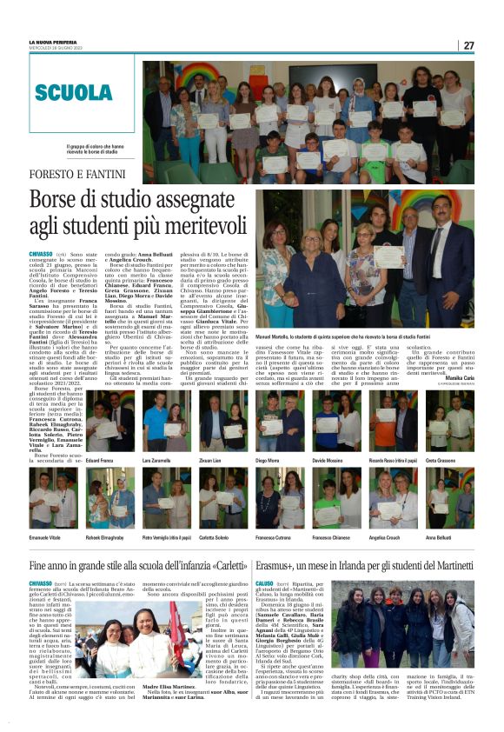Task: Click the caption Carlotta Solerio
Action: click(x=223, y=537)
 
